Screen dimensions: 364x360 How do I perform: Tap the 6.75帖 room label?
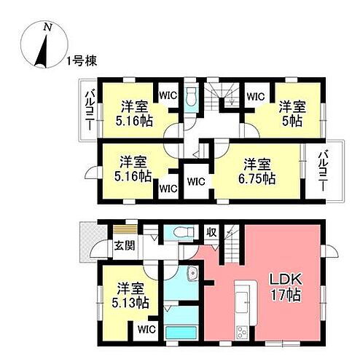[x=259, y=170]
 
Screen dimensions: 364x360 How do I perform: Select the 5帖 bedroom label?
[x=291, y=113]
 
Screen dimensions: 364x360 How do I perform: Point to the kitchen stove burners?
[x=241, y=332]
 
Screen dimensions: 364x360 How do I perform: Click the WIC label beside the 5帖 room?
[x=255, y=95]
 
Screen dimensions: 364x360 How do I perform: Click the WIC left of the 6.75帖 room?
[x=195, y=182]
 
